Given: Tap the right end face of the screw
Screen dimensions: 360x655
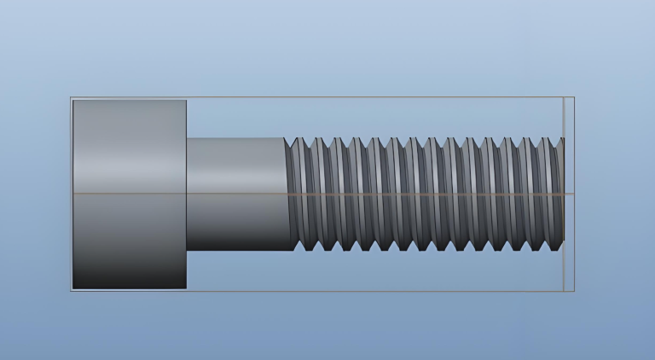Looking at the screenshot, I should tap(563, 195).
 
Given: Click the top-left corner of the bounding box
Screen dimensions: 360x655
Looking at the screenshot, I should tap(71, 97).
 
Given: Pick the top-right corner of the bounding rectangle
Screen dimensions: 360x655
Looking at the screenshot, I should tap(574, 97).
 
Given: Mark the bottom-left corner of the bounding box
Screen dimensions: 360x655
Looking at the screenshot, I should tap(71, 291).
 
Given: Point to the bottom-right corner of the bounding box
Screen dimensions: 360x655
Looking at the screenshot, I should tap(574, 291).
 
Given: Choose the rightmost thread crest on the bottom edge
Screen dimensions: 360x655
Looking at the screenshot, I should tap(559, 250).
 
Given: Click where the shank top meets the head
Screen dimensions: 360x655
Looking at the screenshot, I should tap(187, 138).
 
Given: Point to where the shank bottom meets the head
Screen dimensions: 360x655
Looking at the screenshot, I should tap(187, 250).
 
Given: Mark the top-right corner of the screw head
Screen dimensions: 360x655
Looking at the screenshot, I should tap(186, 101).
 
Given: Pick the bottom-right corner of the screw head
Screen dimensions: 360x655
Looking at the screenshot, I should tap(186, 288).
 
